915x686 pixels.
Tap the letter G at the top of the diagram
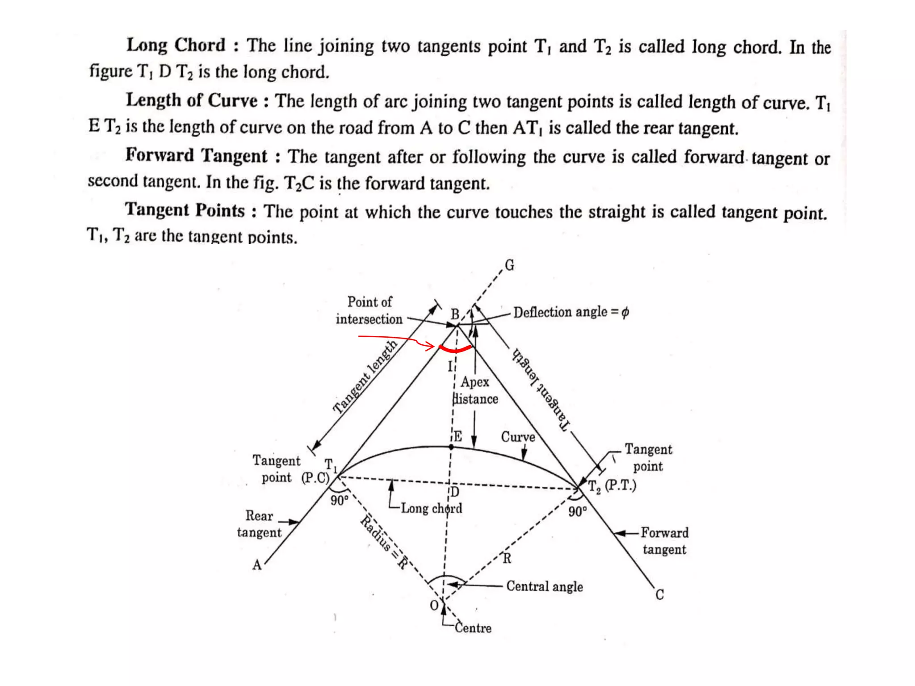point(509,265)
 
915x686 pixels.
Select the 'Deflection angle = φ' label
point(571,312)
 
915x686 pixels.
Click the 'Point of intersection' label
point(369,310)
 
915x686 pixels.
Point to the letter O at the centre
point(434,606)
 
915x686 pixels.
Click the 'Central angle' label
point(545,586)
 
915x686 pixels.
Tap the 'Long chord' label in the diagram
point(431,508)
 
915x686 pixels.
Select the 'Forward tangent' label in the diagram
point(664,541)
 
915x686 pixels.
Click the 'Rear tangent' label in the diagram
point(259,524)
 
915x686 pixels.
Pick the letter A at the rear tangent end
point(257,565)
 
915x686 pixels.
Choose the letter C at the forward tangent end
point(659,595)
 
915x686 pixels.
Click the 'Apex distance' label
point(475,390)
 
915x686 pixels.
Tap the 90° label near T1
point(340,500)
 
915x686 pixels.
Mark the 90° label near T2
point(577,511)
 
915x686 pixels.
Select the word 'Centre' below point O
point(473,628)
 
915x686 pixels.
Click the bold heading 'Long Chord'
point(176,45)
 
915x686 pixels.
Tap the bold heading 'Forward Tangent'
point(196,155)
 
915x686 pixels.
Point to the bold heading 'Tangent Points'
point(185,210)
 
